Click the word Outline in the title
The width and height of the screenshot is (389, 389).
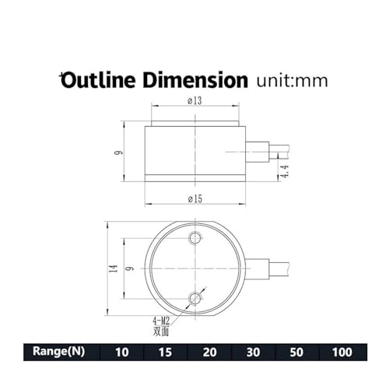pyautogui.click(x=98, y=80)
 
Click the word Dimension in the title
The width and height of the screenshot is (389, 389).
pyautogui.click(x=195, y=80)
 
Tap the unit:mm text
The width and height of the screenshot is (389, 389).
pyautogui.click(x=293, y=81)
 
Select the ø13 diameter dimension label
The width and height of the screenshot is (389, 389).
pyautogui.click(x=194, y=100)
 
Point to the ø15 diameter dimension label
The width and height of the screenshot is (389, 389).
pyautogui.click(x=195, y=199)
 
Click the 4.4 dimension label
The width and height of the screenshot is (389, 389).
pyautogui.click(x=285, y=171)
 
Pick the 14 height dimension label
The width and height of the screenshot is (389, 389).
pyautogui.click(x=114, y=268)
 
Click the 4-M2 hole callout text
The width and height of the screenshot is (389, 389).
pyautogui.click(x=161, y=321)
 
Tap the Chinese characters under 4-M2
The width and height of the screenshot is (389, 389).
pyautogui.click(x=161, y=331)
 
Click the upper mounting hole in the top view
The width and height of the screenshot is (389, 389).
pyautogui.click(x=195, y=238)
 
